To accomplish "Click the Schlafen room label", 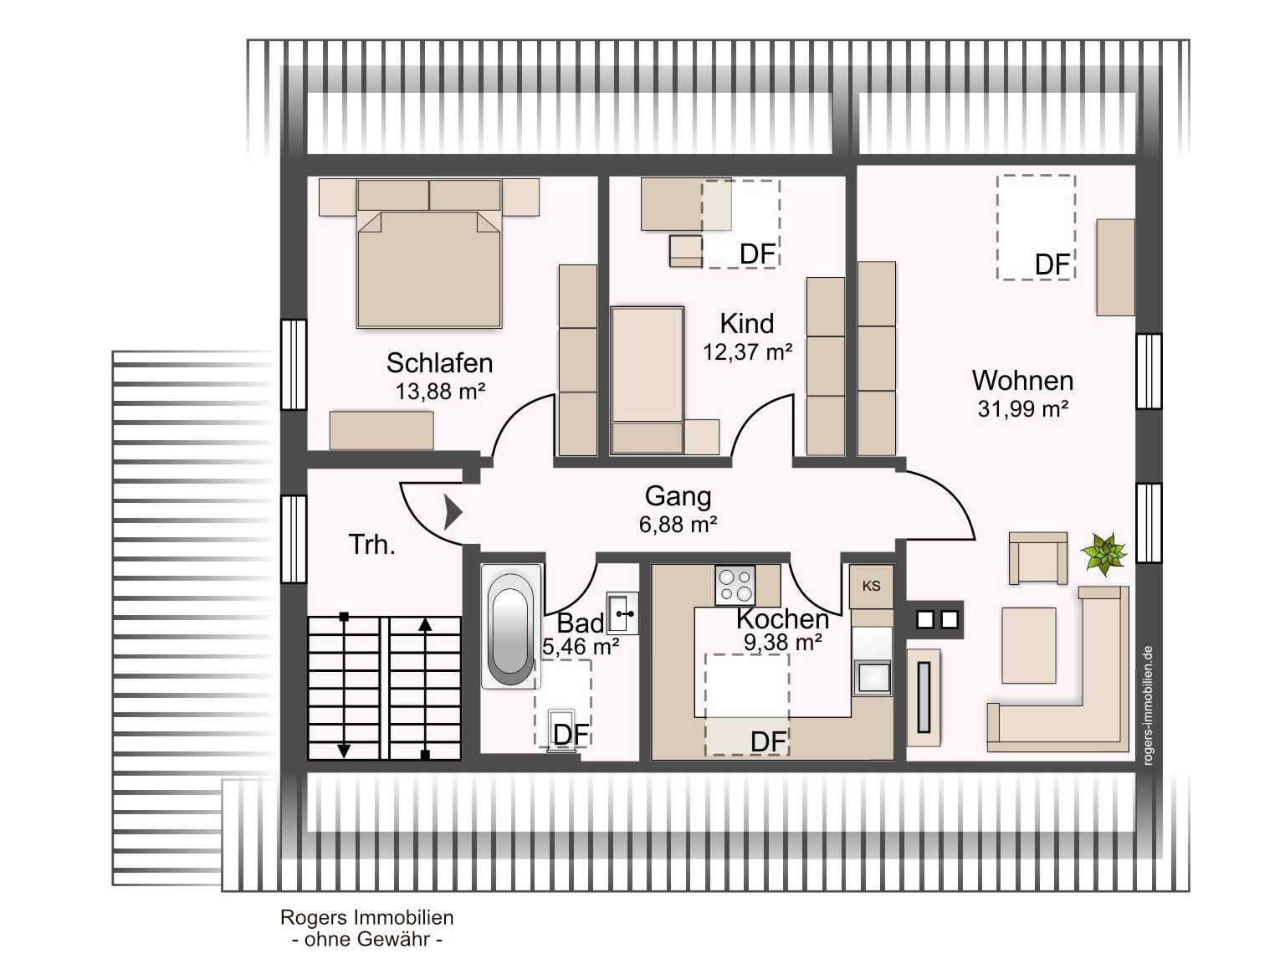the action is click(439, 363).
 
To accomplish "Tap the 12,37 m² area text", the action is click(748, 351).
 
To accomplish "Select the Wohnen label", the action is click(1022, 381).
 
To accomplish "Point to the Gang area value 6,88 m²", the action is click(678, 524).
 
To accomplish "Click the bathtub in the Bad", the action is click(509, 626).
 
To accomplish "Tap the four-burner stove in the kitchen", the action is click(735, 585).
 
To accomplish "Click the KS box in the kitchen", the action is click(871, 586).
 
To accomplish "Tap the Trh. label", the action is click(371, 544).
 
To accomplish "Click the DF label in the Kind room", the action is click(758, 254).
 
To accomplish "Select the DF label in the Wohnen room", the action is click(1052, 264).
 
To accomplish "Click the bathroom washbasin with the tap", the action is click(622, 613).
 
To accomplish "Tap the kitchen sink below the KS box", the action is click(873, 678).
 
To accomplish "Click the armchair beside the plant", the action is click(1037, 558).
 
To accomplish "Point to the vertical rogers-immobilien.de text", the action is click(1148, 705).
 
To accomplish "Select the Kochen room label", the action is click(783, 618).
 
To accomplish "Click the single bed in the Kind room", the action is click(648, 380).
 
